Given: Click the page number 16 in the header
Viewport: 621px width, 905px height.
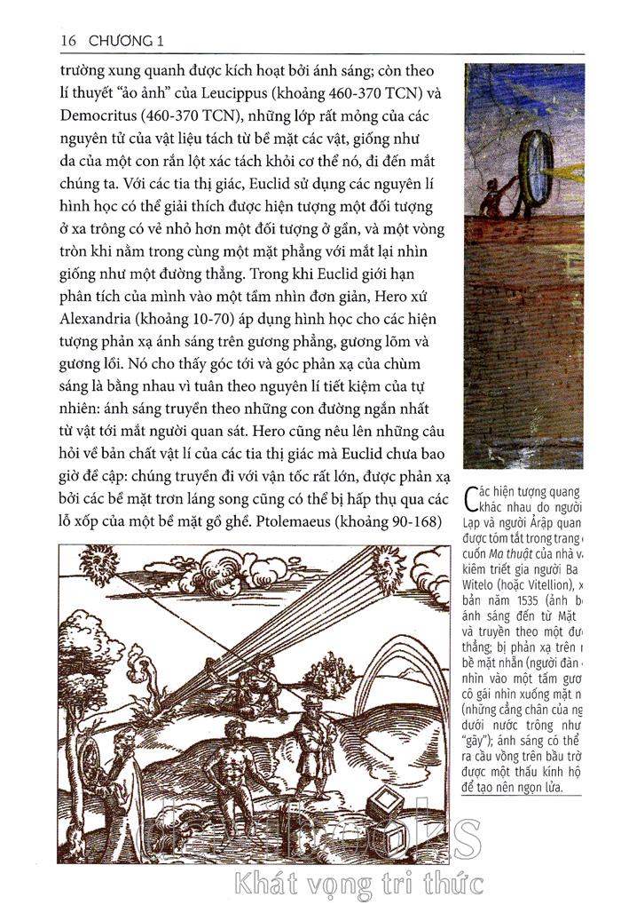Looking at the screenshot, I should click(69, 41).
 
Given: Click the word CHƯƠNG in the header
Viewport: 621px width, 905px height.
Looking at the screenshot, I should click(119, 41).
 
